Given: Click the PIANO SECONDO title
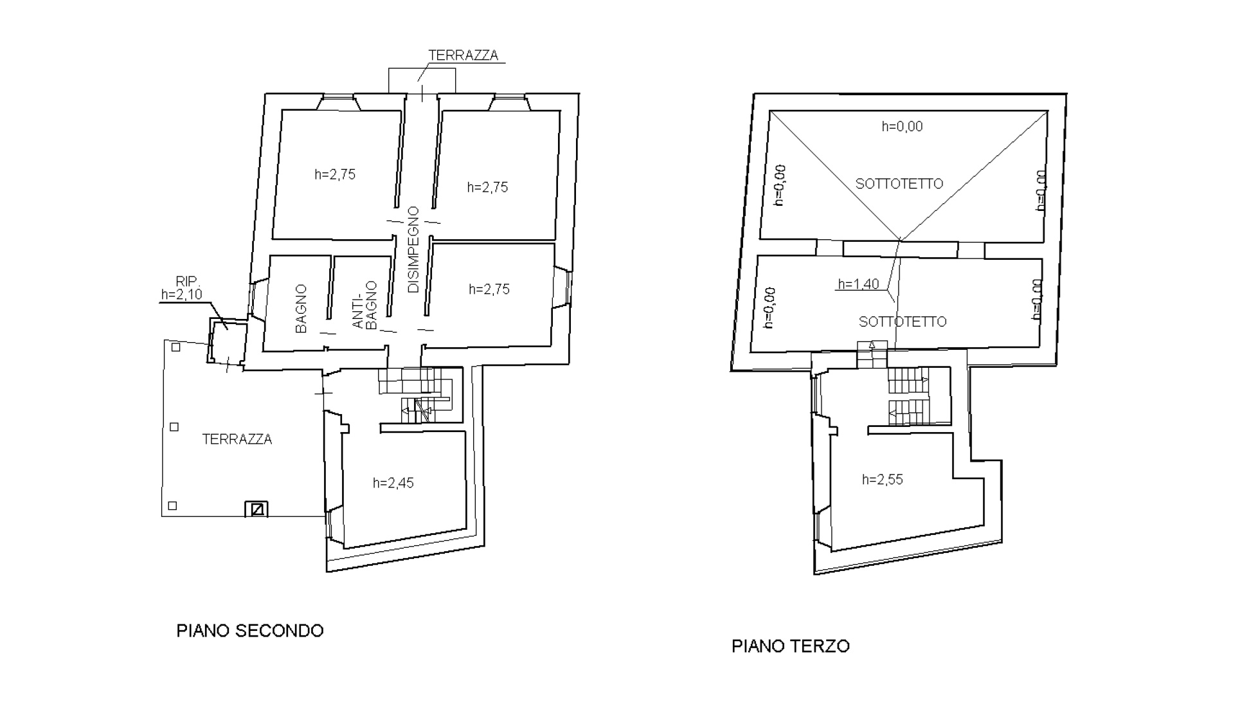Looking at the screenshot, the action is (250, 631).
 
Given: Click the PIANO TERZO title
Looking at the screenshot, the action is (791, 646).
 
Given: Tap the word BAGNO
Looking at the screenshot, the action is (301, 309).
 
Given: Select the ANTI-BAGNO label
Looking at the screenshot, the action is (364, 305).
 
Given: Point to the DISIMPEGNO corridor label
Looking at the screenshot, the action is (413, 250).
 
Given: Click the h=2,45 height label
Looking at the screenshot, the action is (393, 483).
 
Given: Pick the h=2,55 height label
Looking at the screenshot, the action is (883, 480).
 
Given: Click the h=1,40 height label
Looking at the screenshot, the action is (859, 284).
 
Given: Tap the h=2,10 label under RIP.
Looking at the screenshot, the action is (182, 295).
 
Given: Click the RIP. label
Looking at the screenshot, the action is (188, 282).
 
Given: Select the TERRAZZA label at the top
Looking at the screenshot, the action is (463, 55).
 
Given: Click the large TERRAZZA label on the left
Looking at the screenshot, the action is (237, 439).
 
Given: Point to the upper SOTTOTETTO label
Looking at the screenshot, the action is (899, 184).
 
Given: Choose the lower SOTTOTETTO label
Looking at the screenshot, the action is (903, 322).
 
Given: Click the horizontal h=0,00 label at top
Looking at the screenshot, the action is (902, 127).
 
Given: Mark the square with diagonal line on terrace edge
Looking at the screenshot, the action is (256, 509).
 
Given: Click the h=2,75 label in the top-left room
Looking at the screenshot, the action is (335, 174).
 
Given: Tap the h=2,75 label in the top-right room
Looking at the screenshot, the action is (488, 187).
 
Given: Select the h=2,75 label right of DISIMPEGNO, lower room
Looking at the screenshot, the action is (489, 289).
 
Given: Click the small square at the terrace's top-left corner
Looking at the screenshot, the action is (176, 347).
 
